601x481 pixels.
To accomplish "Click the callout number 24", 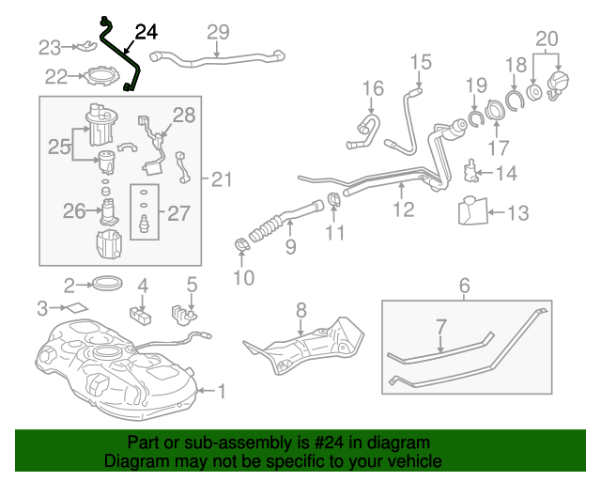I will coord(146,32).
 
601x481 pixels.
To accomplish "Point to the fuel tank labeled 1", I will coord(113,362).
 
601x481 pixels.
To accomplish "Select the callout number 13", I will coord(518,214).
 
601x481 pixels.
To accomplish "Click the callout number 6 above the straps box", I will coord(464,285).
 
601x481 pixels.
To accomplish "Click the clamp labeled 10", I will coord(243,247).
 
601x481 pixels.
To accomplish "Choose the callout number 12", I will coord(403,209).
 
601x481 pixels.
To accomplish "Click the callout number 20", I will coord(547,39).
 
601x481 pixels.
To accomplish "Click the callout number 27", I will coord(179,212).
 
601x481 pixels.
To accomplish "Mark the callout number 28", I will coord(184,116).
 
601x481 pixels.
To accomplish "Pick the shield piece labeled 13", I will coord(473,210).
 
